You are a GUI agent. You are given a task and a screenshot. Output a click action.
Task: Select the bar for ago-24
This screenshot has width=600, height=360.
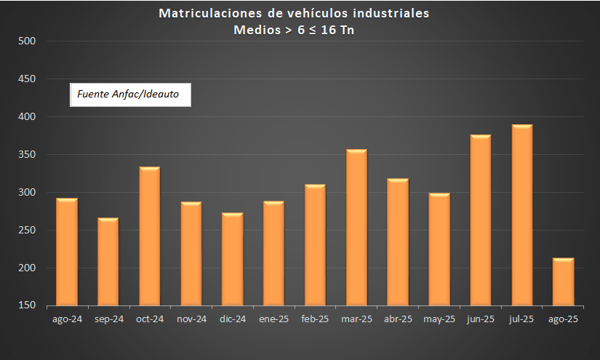[67, 252]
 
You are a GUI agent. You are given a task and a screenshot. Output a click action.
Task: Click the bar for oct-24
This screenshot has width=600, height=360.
[150, 236]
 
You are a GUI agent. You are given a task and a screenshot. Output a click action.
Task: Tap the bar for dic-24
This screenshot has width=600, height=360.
[233, 259]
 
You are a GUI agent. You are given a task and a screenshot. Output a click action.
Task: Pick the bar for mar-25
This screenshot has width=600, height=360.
[356, 228]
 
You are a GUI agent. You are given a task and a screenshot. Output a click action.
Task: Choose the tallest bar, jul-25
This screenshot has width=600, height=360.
[522, 215]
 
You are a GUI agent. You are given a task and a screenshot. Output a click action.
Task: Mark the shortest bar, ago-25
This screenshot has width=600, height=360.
[564, 281]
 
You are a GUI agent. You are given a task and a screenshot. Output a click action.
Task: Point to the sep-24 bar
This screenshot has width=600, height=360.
[108, 261]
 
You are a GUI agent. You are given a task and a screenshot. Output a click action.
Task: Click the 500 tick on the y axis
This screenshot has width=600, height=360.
[27, 41]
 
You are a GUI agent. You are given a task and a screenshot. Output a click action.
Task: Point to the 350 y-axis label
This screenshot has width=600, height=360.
[27, 155]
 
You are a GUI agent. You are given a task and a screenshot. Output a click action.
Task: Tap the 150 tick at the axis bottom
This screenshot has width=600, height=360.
[27, 306]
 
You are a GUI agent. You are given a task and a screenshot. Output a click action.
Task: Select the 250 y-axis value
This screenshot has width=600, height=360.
[27, 231]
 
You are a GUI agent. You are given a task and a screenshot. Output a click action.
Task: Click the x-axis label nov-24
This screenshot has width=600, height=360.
[191, 319]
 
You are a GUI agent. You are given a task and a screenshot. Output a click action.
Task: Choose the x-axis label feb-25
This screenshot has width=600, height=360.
[315, 319]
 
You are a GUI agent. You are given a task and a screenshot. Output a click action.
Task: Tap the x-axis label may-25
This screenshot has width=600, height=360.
[439, 319]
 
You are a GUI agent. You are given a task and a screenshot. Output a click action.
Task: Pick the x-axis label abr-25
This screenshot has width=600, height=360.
[398, 319]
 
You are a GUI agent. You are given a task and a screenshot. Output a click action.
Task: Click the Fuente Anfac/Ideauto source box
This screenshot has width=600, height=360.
[130, 94]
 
